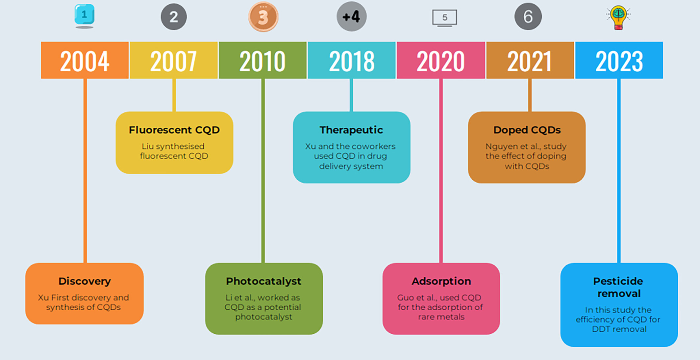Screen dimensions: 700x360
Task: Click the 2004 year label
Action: (85, 61)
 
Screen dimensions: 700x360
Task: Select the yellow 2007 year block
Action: (174, 60)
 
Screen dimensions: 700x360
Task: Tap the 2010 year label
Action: (262, 61)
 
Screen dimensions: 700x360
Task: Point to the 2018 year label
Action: (352, 61)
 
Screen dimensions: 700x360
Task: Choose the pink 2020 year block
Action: (441, 60)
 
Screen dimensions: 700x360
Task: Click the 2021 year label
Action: (530, 61)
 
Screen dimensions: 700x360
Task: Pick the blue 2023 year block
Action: (619, 60)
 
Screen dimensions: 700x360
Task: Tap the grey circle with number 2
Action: (174, 17)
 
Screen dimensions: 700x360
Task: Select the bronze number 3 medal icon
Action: (263, 17)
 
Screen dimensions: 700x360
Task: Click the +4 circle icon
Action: (351, 16)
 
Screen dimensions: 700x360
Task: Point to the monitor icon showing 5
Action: (444, 18)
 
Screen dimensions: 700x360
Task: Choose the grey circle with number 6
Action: (528, 16)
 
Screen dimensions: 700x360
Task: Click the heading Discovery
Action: (85, 281)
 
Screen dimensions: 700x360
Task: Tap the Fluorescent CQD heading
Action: (174, 130)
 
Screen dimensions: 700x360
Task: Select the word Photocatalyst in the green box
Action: (263, 281)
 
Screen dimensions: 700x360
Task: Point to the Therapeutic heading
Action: (351, 130)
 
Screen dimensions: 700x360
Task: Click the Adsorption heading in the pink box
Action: (441, 281)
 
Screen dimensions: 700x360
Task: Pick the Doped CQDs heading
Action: (527, 130)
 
